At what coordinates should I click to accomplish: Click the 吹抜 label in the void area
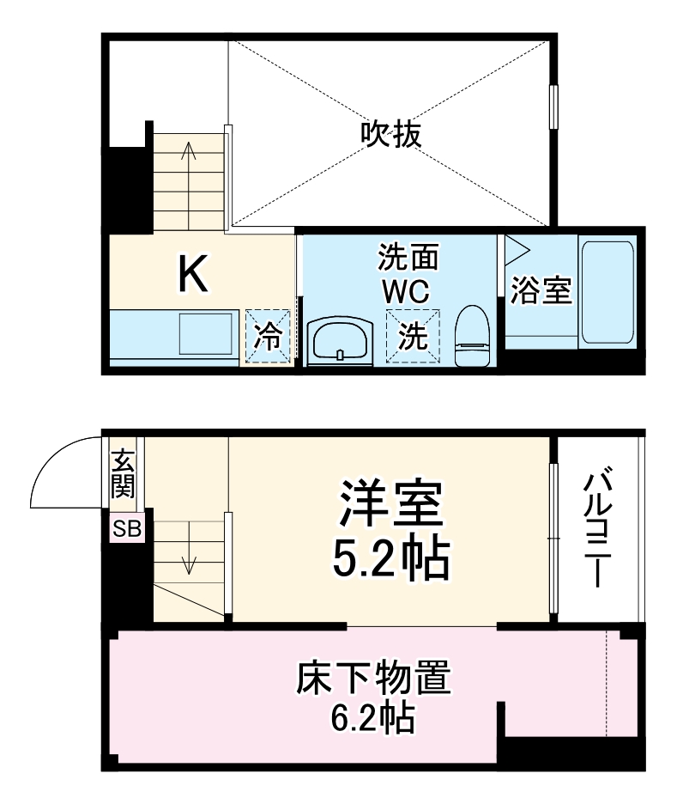click(x=390, y=135)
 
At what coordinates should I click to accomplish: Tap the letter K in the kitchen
click(x=192, y=275)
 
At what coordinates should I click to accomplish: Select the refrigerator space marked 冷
click(x=268, y=336)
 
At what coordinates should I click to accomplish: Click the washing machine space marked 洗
click(x=414, y=336)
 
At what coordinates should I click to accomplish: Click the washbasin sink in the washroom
click(x=341, y=342)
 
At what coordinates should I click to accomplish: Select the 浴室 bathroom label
click(x=541, y=291)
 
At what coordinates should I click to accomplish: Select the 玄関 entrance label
click(x=123, y=475)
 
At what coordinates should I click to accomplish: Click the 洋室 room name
click(x=390, y=505)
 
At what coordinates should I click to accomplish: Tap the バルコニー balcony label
click(x=600, y=527)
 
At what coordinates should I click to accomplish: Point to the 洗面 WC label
click(x=408, y=273)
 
